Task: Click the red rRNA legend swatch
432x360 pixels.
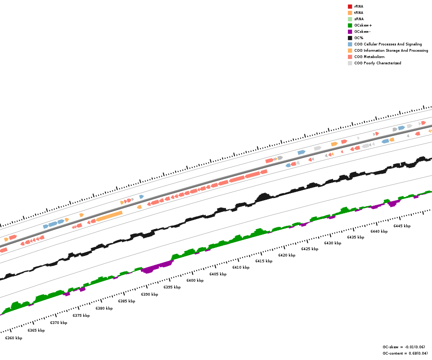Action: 350,6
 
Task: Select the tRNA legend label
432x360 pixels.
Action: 359,13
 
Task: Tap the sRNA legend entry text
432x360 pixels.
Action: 359,19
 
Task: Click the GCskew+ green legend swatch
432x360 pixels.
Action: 350,25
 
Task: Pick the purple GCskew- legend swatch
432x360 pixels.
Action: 350,31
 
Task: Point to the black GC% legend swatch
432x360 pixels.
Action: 350,38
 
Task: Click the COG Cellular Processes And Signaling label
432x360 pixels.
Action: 388,44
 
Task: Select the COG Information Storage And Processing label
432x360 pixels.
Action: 391,50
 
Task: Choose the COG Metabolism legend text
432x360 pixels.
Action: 369,57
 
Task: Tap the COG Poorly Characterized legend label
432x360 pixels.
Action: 378,63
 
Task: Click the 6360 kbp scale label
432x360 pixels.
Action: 13,338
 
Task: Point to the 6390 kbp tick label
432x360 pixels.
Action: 149,294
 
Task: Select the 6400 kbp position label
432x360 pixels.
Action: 195,280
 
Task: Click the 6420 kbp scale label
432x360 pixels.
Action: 287,255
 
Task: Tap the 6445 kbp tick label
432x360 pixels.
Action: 402,226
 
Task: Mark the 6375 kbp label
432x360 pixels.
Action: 81,315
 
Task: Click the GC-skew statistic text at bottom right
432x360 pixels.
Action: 404,347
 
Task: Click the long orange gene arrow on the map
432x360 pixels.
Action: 109,216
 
